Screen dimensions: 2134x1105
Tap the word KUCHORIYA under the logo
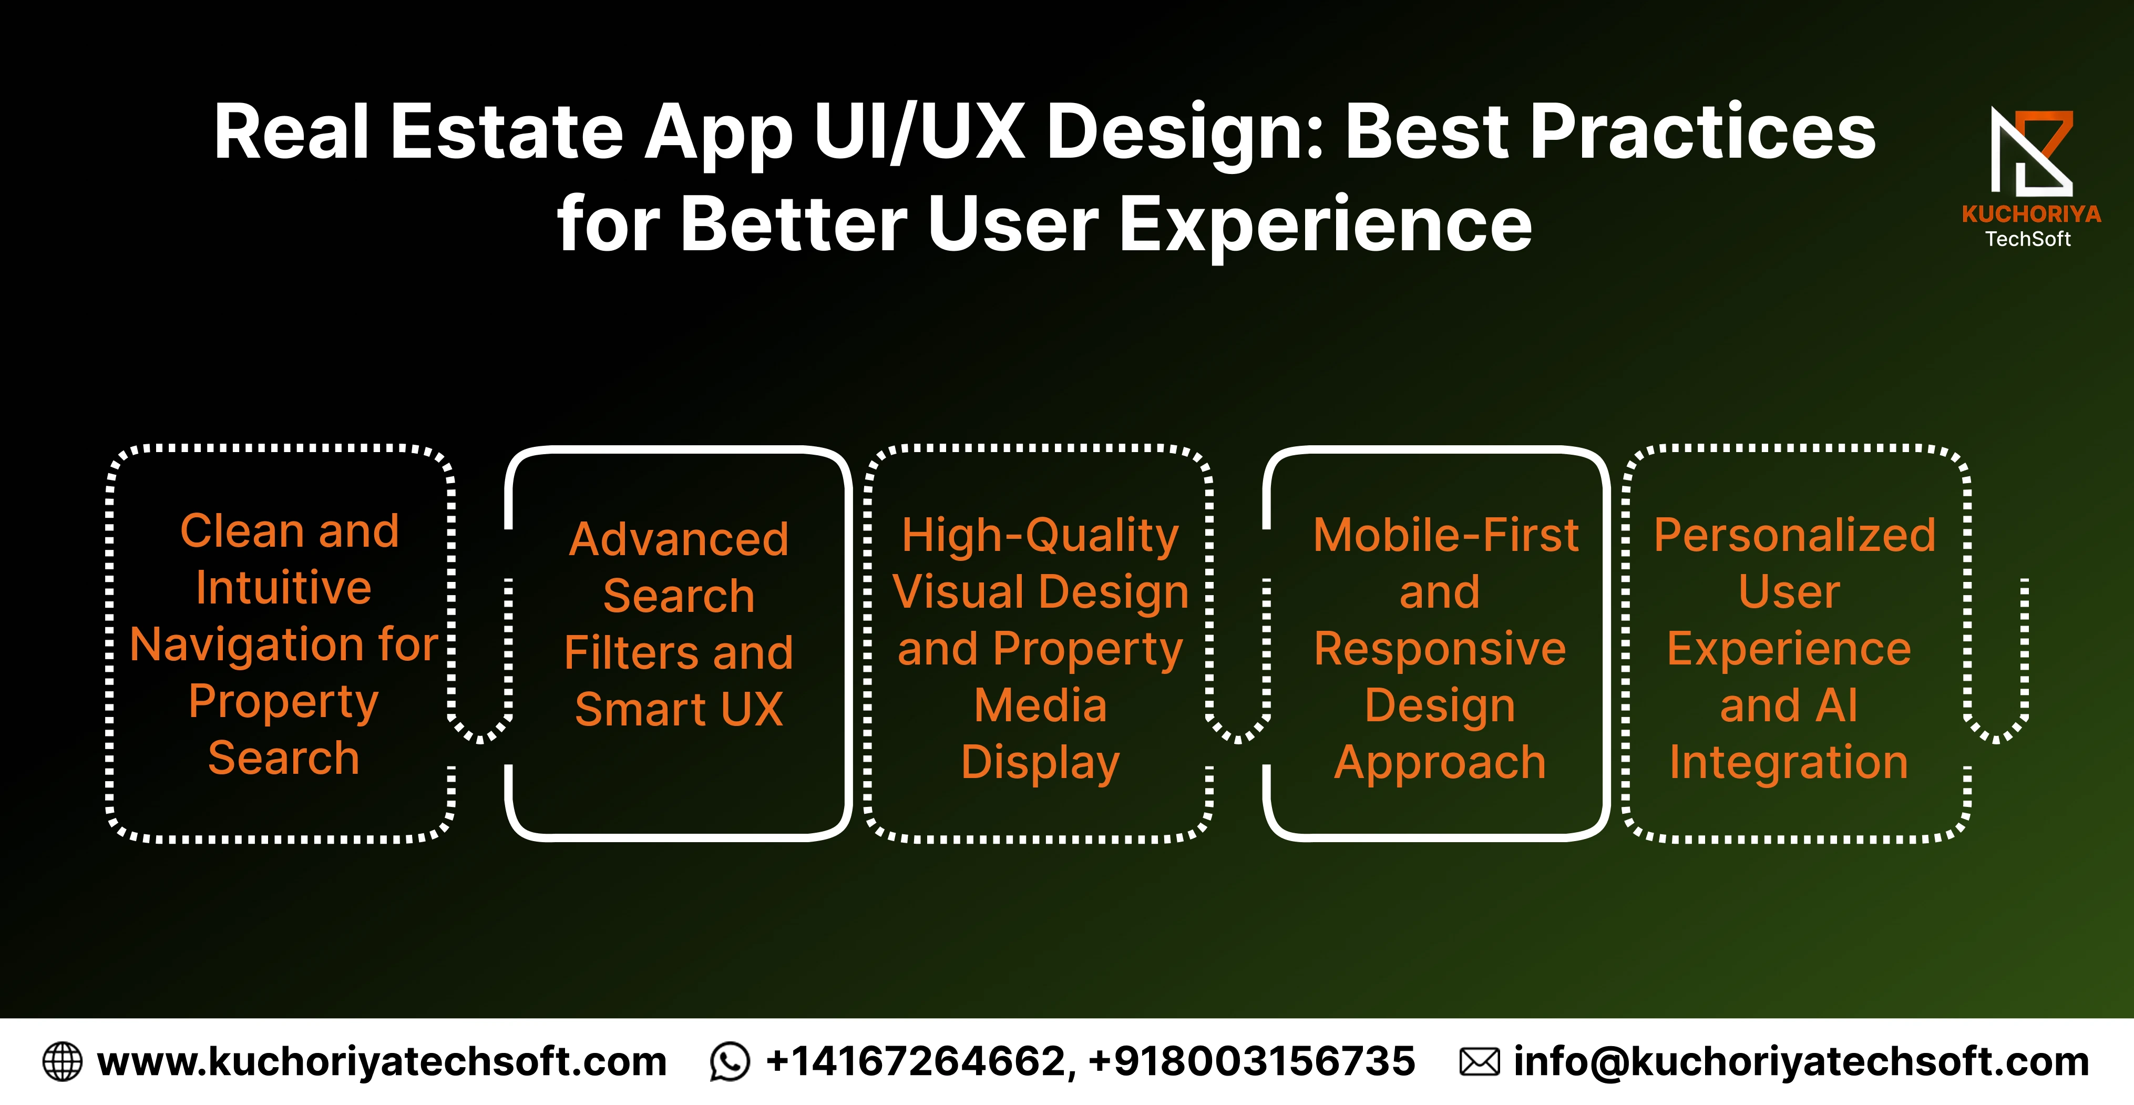point(2032,214)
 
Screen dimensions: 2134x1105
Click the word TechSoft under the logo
point(2028,239)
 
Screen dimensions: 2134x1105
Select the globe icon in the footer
point(62,1062)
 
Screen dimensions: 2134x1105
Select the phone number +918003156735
point(1251,1062)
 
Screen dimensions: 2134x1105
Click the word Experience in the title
point(1326,226)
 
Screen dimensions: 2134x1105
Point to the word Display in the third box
point(1041,763)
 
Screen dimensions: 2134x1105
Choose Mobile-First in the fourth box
point(1445,535)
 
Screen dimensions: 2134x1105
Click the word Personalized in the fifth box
point(1794,535)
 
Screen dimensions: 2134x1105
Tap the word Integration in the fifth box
point(1789,763)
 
